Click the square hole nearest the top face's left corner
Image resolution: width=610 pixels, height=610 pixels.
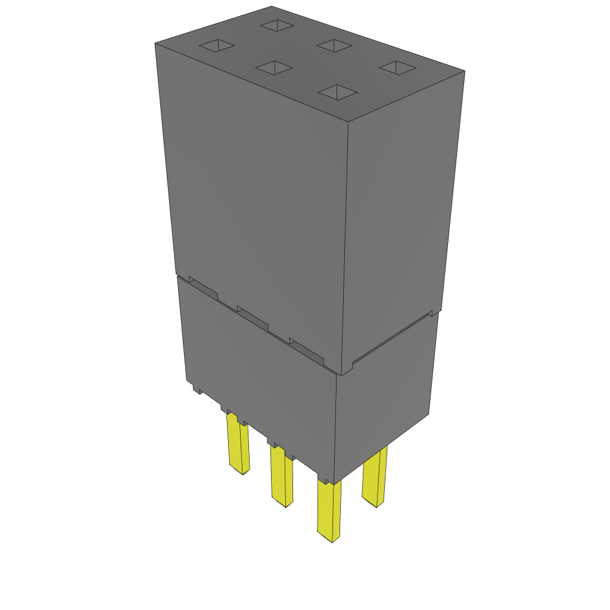point(217,46)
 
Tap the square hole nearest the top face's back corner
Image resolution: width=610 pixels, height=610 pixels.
point(277,26)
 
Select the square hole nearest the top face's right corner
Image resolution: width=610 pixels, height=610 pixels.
point(397,68)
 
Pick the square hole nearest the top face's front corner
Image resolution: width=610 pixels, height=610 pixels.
point(338,92)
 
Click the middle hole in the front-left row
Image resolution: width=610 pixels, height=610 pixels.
point(275,68)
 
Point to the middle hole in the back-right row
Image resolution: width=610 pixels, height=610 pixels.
point(334,45)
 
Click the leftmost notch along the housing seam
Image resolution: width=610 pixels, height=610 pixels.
point(203,287)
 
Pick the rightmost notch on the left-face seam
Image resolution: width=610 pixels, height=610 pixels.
point(306,351)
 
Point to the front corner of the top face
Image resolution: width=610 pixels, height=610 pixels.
point(347,122)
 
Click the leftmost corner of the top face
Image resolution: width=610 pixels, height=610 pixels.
point(155,43)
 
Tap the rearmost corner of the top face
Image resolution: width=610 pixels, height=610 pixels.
point(272,7)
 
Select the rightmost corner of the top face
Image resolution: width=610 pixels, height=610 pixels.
point(464,71)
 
